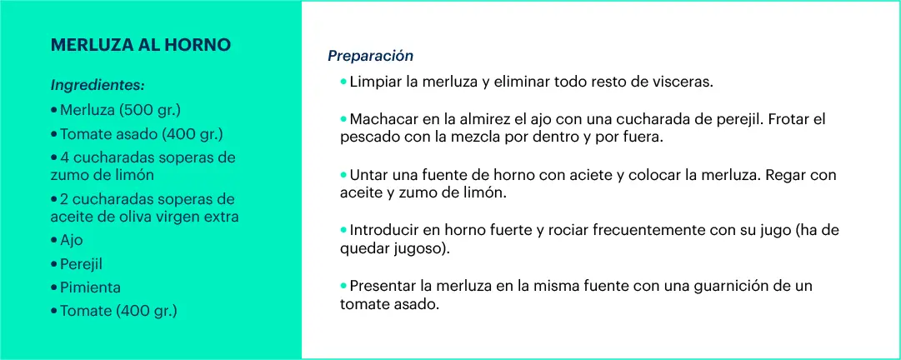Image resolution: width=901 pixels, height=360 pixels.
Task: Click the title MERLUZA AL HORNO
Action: (x=141, y=45)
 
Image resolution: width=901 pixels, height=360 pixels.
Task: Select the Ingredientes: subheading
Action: (x=98, y=86)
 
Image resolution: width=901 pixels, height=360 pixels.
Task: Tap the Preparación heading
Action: (x=371, y=56)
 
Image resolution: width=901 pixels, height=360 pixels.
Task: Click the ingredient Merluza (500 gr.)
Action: (x=120, y=110)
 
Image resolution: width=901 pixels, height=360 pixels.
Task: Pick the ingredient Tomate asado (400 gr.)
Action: (x=142, y=134)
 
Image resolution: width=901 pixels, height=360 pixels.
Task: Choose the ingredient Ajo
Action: (x=71, y=240)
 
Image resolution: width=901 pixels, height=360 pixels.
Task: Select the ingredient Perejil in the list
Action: (x=81, y=264)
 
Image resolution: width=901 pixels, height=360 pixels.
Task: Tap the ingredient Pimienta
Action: (x=90, y=287)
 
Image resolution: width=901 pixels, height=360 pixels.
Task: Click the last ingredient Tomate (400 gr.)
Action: (x=118, y=311)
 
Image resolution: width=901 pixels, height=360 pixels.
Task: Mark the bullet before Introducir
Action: (x=343, y=230)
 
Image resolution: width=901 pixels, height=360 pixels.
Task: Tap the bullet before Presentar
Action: (x=343, y=285)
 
